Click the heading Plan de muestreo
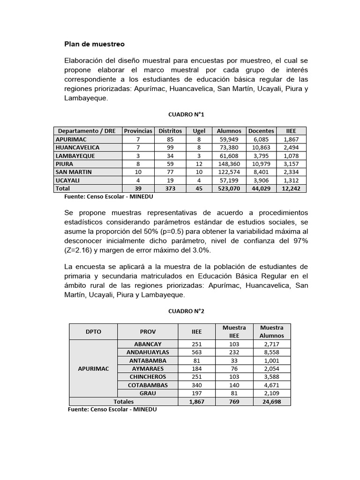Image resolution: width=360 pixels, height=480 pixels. [94, 45]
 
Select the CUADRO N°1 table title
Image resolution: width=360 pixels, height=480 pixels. [186, 114]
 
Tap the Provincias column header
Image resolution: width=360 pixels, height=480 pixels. [138, 131]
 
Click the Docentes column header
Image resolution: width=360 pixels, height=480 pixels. [261, 131]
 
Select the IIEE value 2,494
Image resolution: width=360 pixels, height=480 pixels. [292, 148]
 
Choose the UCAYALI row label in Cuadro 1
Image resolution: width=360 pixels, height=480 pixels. [68, 180]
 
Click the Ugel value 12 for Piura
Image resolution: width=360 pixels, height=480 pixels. [199, 164]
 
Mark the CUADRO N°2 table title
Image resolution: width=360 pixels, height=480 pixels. [186, 311]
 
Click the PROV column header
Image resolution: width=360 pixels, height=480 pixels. [148, 331]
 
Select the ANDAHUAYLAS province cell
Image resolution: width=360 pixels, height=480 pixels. [148, 352]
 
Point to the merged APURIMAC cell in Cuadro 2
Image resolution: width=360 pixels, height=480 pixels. [93, 368]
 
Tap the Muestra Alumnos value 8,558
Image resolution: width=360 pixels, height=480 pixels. [272, 352]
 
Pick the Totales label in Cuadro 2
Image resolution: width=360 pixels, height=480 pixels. [124, 402]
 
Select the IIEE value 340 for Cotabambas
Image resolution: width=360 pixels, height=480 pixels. [196, 385]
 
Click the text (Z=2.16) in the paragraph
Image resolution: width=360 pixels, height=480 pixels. [82, 250]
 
